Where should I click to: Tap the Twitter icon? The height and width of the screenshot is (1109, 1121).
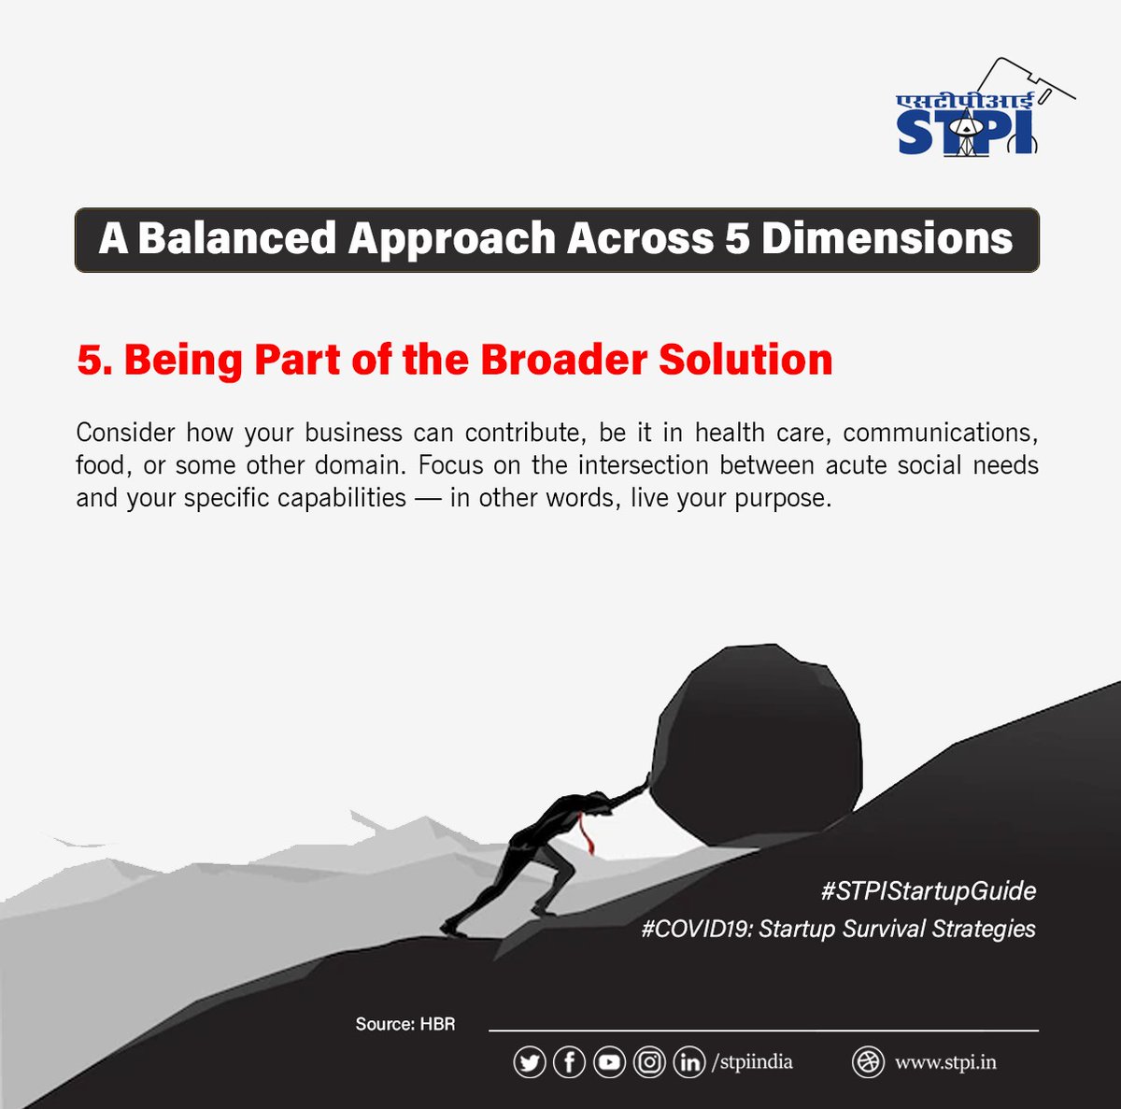point(529,1062)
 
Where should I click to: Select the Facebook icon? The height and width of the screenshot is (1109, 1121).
point(569,1062)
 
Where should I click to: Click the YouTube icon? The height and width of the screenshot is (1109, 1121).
point(609,1062)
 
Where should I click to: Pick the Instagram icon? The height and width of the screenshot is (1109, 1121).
point(649,1062)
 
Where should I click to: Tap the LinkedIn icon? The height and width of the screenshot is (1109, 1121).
point(689,1062)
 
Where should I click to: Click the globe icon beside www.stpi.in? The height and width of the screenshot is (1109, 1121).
point(868,1062)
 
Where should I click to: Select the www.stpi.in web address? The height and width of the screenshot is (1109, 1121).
point(945,1062)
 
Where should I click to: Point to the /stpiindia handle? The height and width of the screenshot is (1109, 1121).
point(752,1062)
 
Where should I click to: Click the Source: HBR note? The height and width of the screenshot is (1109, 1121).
point(405,1024)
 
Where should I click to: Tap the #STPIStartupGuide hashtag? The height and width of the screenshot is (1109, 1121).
point(929,890)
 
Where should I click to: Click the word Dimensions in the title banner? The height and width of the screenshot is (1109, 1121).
point(887,239)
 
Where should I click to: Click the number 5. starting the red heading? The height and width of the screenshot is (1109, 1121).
point(94,361)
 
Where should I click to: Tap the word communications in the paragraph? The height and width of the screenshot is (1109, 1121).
point(940,434)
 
